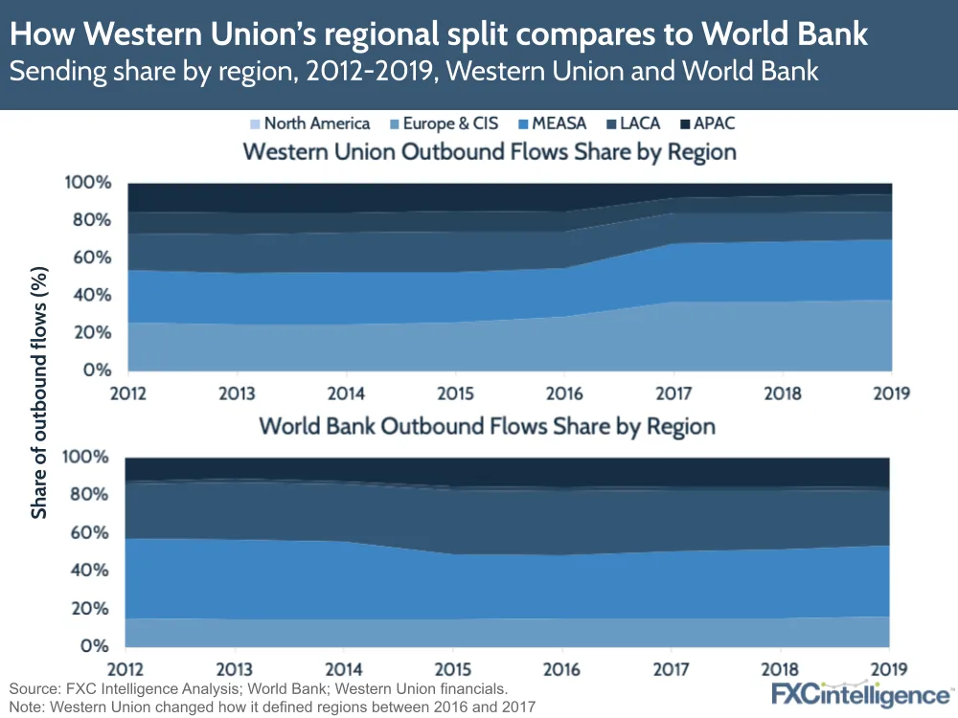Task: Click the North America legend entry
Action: [x=308, y=123]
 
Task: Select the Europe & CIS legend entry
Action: [x=443, y=123]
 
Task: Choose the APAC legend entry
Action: [x=706, y=123]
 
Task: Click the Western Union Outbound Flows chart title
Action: [x=489, y=151]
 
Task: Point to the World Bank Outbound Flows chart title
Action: [x=487, y=426]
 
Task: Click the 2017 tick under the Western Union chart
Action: [x=674, y=393]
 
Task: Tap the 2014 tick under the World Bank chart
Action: [x=345, y=667]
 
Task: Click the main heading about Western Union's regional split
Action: [x=439, y=35]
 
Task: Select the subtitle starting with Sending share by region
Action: [x=414, y=72]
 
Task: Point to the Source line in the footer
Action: [x=259, y=688]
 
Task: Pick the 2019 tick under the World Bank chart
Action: [x=887, y=667]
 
